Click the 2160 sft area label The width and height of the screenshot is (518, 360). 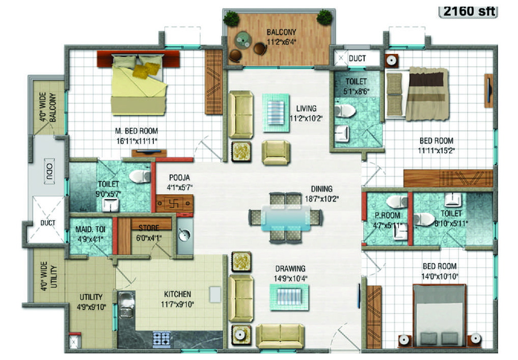point(469,11)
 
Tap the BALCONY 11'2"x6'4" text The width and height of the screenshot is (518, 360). point(282,37)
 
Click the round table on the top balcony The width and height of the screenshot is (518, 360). point(243,41)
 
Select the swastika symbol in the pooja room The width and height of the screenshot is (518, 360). point(174,204)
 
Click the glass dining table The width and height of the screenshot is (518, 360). point(286,218)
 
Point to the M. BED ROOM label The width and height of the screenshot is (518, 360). point(137,131)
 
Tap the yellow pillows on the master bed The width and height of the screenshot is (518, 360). point(146,70)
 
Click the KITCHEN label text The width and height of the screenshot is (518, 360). point(177,294)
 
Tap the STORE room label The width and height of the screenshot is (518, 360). point(149,228)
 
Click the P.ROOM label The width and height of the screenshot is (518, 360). point(387,215)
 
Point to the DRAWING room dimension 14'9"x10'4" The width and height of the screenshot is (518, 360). point(290,279)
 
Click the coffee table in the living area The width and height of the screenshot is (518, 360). point(276,113)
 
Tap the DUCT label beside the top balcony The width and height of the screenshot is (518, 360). point(358,59)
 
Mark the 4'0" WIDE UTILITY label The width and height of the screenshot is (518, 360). point(49,276)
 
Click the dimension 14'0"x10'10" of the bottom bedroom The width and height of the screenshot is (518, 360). point(440,276)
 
